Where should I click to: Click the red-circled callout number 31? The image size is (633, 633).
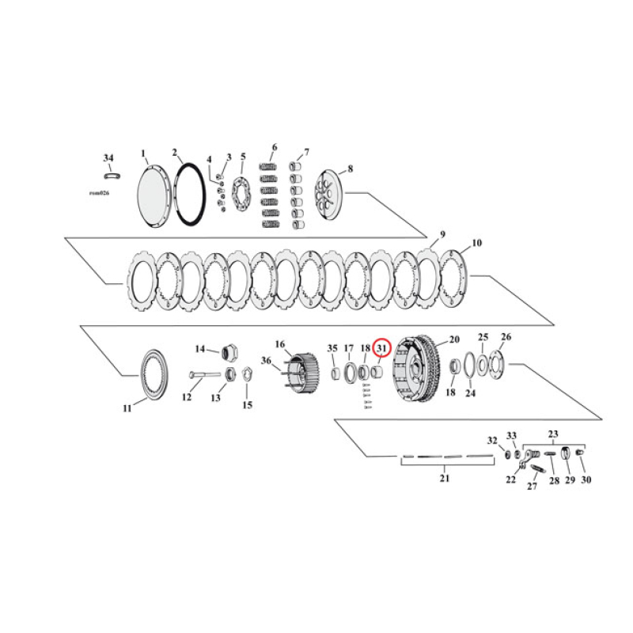pos(382,347)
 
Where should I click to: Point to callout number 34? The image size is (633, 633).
pos(108,158)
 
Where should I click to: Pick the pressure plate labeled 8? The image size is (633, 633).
pos(331,194)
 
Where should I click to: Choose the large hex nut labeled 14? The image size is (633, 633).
pos(230,351)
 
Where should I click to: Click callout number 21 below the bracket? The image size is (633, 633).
pos(444,478)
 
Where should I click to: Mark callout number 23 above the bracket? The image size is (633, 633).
pos(553,433)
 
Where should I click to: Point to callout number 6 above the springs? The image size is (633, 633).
pos(274,147)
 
